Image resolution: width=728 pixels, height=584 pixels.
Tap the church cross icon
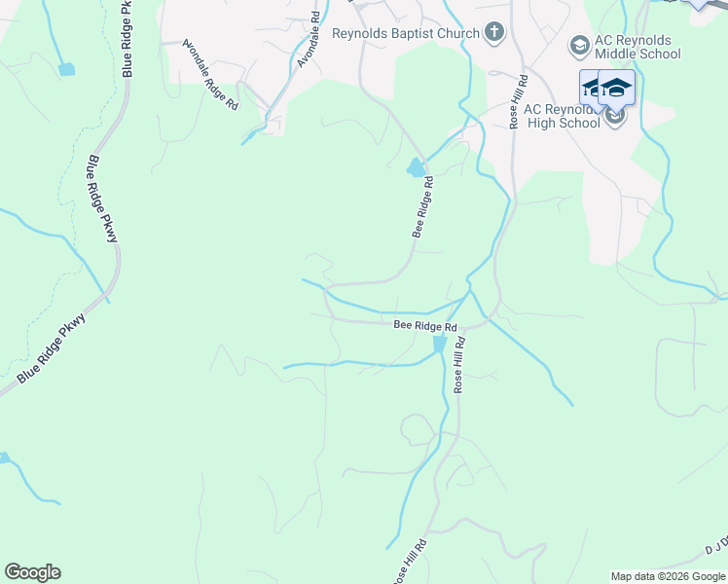tap(494, 33)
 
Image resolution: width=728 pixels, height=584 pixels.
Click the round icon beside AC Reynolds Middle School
tap(579, 46)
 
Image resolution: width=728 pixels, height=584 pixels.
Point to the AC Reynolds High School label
tap(562, 116)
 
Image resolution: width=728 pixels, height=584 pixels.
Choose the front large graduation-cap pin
tap(616, 90)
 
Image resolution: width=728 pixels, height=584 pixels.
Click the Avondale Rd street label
tap(309, 39)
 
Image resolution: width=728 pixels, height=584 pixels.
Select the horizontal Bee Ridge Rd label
tap(425, 326)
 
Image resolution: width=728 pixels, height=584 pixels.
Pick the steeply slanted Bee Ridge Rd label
tap(422, 207)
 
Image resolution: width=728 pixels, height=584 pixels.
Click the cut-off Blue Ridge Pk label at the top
tap(127, 39)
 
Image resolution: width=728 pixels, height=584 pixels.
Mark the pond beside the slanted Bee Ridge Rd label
tap(417, 168)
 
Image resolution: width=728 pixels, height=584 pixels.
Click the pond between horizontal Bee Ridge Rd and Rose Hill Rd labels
tap(440, 345)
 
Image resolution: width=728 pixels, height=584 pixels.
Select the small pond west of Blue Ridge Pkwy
tap(66, 69)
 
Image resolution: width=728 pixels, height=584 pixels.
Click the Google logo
tap(32, 572)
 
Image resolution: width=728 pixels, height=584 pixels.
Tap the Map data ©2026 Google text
tap(668, 576)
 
